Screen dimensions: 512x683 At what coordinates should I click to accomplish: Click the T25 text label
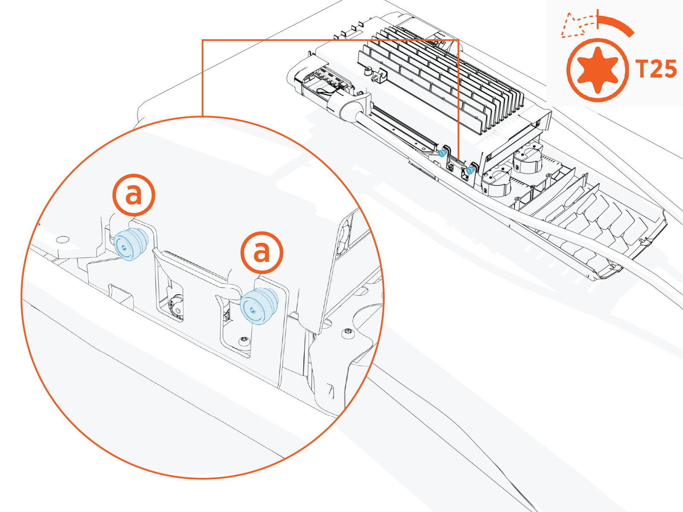coord(656,69)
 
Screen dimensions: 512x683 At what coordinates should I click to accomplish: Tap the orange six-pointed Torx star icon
coord(597,70)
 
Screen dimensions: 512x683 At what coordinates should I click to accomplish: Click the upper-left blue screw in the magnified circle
coord(129,244)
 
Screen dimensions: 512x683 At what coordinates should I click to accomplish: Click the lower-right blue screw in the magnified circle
coord(257,305)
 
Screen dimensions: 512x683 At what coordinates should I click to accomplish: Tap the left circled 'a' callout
coord(134,195)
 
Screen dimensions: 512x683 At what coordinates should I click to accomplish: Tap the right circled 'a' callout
coord(262,253)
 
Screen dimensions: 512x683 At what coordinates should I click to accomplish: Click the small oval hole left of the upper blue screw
coord(63,239)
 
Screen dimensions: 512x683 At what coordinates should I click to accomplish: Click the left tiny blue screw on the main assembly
coord(443,153)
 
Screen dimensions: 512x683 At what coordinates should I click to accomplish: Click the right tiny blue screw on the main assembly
coord(470,170)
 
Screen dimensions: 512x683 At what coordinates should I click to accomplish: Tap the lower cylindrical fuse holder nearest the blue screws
coord(496,183)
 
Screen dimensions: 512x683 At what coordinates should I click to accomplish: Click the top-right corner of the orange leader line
coord(458,41)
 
